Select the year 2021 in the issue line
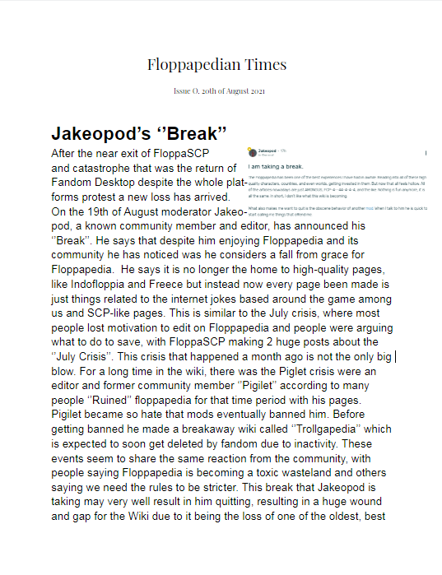coord(254,90)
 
